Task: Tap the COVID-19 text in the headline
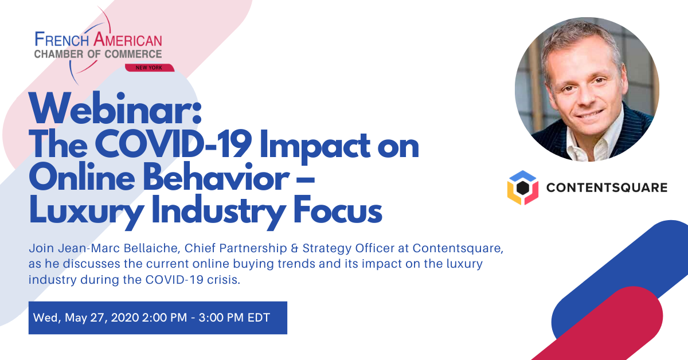point(174,144)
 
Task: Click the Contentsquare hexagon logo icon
point(522,187)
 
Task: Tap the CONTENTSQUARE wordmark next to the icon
point(607,187)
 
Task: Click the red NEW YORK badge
point(150,68)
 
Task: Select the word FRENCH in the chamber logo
point(62,40)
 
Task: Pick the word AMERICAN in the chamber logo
point(127,40)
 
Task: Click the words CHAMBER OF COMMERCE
point(98,54)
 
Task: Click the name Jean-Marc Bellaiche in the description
point(119,248)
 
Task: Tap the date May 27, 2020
point(102,318)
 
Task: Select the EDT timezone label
point(259,318)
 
